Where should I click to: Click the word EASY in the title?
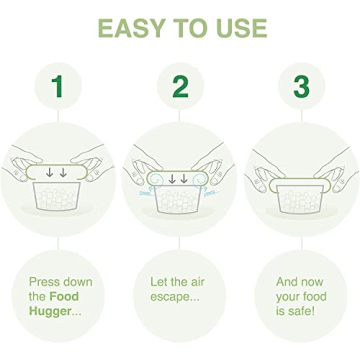coord(126,25)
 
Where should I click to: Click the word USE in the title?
coord(237,25)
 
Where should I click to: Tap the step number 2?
coord(180,87)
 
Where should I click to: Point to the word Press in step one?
coord(46,281)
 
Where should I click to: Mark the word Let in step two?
coord(160,281)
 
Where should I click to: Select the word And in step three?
coord(289,281)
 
